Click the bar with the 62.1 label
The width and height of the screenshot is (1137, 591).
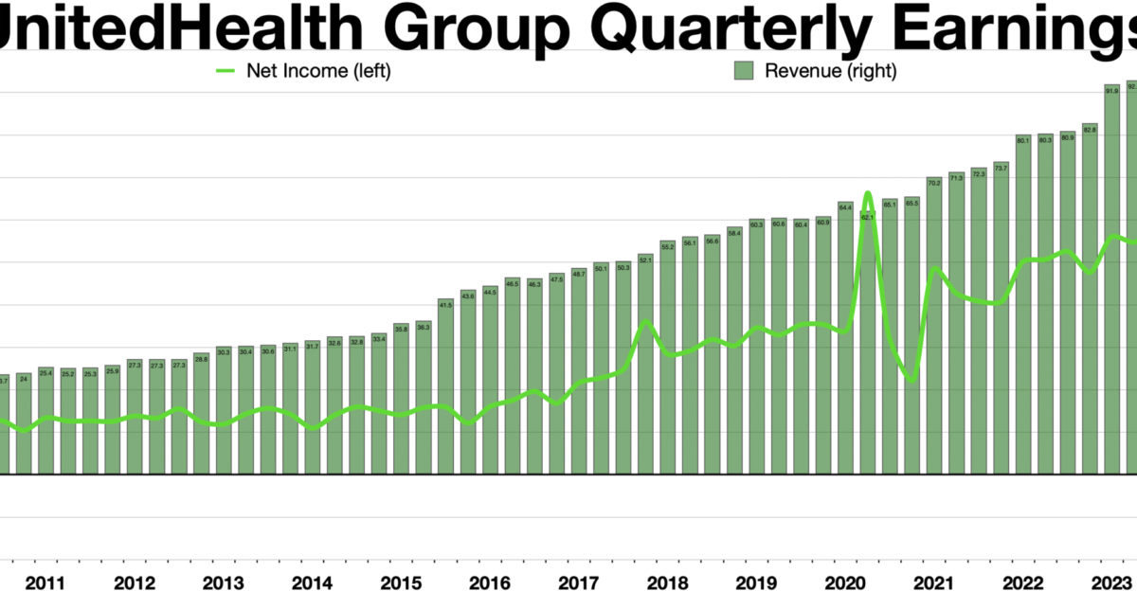(x=867, y=341)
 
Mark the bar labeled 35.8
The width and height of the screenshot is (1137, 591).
(x=401, y=398)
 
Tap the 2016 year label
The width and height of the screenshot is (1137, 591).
(x=491, y=582)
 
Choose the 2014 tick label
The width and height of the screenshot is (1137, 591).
(x=313, y=582)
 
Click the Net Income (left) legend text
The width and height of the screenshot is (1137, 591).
(x=317, y=71)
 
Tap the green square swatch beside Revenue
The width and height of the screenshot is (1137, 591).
(x=744, y=71)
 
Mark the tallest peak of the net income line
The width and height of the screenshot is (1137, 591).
(x=868, y=193)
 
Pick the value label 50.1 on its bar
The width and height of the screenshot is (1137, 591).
(x=601, y=269)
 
